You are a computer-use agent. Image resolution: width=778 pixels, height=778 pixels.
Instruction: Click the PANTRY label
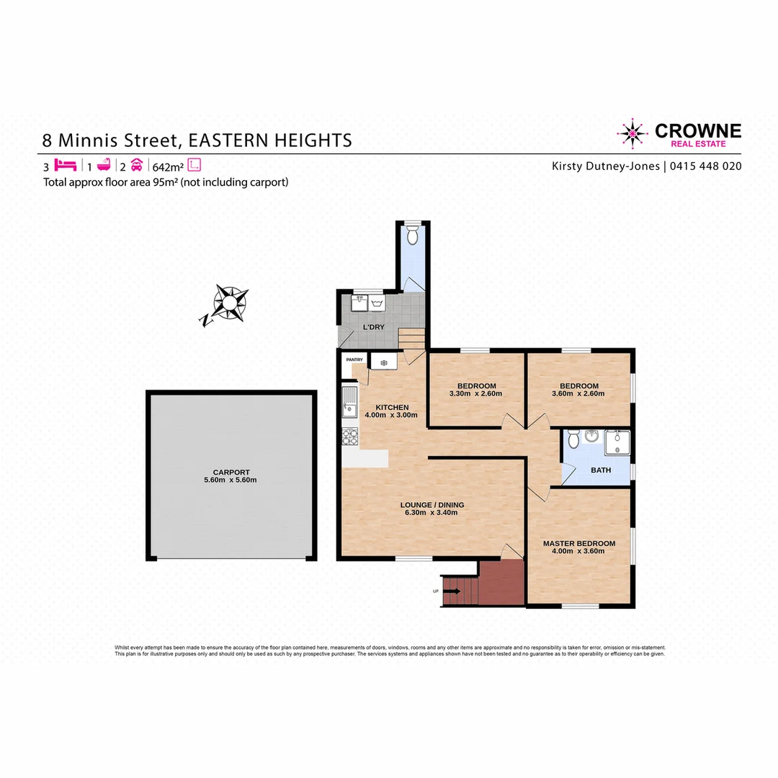354,359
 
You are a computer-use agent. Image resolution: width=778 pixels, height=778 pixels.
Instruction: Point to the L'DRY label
373,327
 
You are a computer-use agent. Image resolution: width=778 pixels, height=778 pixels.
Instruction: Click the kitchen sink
350,401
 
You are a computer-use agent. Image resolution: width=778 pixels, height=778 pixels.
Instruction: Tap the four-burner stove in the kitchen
350,437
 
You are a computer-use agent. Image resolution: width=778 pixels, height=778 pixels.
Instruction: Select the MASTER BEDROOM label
578,543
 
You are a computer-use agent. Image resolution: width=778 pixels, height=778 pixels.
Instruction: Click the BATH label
600,470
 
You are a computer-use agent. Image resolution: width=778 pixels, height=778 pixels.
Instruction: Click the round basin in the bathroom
591,437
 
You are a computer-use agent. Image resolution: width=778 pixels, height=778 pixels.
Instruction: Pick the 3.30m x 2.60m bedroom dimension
475,394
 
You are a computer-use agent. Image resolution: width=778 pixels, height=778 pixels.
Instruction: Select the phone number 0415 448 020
705,166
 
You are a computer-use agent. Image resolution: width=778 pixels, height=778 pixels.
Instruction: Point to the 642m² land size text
167,165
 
